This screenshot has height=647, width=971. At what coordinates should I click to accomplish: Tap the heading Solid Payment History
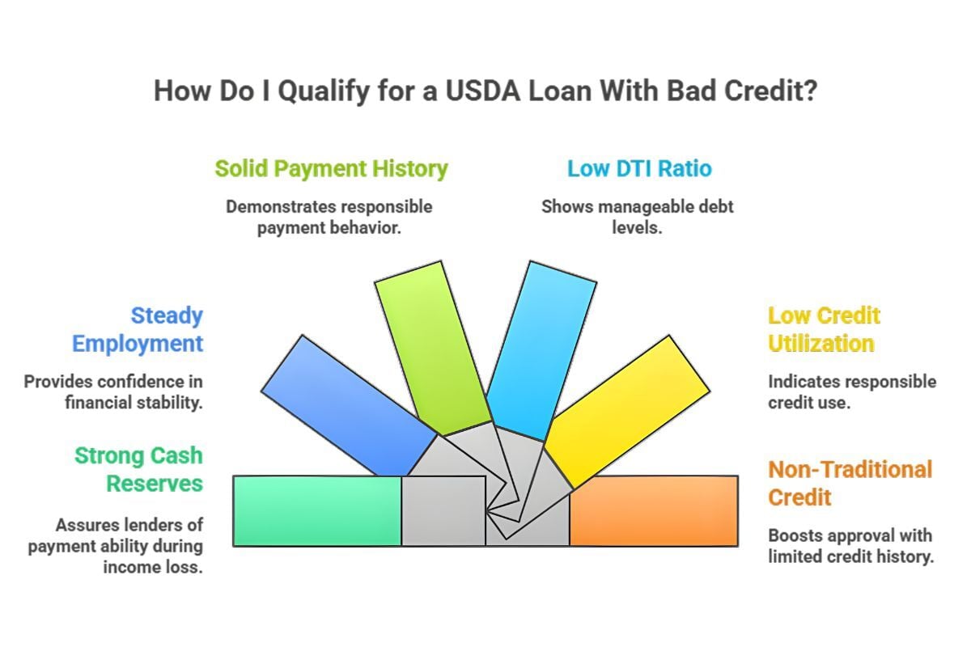pos(331,168)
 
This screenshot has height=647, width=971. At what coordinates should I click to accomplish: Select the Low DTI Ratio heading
pos(639,168)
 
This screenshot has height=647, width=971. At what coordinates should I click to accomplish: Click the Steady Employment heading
pos(138,329)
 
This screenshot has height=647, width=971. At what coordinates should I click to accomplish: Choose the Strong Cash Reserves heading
pos(138,469)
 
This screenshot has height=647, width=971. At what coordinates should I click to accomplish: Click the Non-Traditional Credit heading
pos(850,483)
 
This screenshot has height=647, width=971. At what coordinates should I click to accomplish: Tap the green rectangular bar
pos(317,510)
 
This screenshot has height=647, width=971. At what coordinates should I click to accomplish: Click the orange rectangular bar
pos(654,510)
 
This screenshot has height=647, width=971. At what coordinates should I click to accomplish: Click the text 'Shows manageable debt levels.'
pos(638,217)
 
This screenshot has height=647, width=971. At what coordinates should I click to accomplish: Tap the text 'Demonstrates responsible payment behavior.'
pos(329,217)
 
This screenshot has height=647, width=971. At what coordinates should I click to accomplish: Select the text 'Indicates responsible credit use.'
pos(851,391)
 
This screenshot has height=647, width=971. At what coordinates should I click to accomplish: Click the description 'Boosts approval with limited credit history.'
pos(851,546)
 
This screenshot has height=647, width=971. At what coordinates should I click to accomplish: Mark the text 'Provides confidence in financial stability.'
pos(113,391)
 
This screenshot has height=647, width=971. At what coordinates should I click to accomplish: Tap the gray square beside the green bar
pos(443,510)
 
